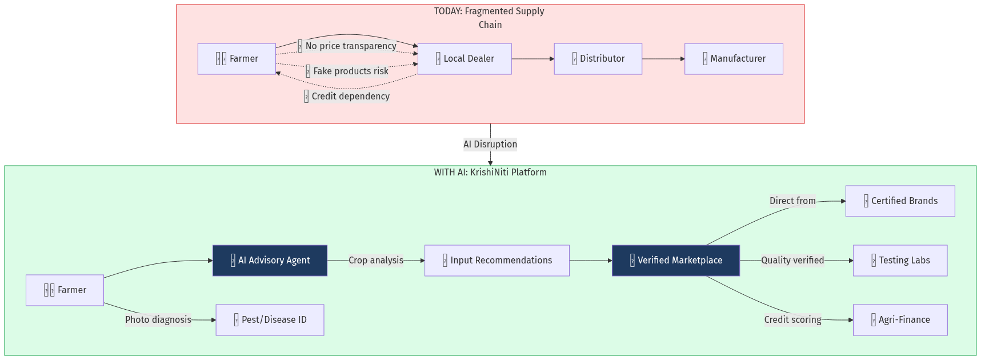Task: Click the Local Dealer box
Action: [x=465, y=59]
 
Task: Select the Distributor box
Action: [x=598, y=59]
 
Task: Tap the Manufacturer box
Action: [x=734, y=59]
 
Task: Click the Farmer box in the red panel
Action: [x=237, y=59]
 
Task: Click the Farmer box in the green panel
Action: [x=65, y=290]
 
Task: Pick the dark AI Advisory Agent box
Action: [x=270, y=261]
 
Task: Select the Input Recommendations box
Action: [x=496, y=261]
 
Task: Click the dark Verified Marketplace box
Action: [x=675, y=261]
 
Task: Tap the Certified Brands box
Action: [x=900, y=201]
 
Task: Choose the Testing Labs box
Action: [x=900, y=261]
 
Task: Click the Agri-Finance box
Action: [x=900, y=320]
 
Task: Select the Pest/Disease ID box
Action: [x=270, y=320]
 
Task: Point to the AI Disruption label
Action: [x=490, y=145]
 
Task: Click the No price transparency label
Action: [x=347, y=46]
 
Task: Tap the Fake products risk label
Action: [x=347, y=71]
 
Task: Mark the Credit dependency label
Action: [x=347, y=97]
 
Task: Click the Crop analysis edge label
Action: [x=376, y=261]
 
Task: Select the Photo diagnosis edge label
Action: [x=158, y=320]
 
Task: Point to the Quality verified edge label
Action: [x=792, y=261]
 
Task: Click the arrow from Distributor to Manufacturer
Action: [x=663, y=59]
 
